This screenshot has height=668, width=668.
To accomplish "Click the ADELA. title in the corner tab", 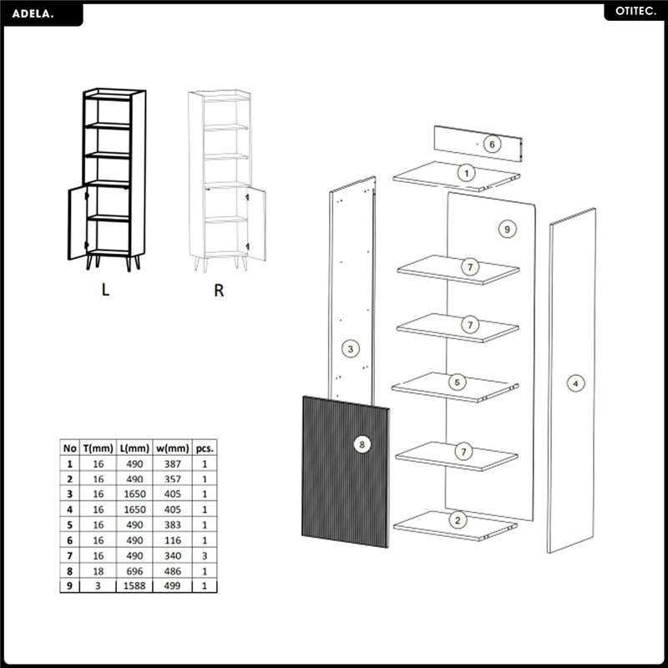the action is coord(33,13).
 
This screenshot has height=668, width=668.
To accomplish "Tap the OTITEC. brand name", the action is coord(635,12).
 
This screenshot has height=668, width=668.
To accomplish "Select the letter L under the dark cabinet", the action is coord(105,290).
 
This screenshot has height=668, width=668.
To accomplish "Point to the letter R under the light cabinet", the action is coord(219,290).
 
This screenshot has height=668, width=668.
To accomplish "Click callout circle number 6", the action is coord(492,144).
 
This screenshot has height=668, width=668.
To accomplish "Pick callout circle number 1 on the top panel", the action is coord(467,173).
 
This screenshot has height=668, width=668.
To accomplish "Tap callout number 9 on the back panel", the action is coord(507,229).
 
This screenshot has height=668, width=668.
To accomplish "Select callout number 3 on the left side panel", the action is coord(351,349).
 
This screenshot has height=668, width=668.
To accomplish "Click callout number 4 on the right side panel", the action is coord(575,383).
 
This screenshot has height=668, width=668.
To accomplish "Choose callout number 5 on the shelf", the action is coord(457,382).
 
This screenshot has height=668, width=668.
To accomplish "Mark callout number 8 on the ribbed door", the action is coord(362,445).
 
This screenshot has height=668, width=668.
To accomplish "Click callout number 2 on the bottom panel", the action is coord(458,519).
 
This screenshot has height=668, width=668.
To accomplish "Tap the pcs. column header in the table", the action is coord(205,448).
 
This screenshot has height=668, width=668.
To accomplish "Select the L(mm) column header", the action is coord(134,448).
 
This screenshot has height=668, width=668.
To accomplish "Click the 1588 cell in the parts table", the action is coord(134,586).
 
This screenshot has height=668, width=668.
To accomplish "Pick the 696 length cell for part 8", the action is coord(134,571).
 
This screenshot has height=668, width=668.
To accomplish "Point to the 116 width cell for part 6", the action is coord(173,540).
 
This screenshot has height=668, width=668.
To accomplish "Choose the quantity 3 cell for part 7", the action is coord(205,555).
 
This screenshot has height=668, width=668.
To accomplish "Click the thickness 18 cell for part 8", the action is coord(99,571).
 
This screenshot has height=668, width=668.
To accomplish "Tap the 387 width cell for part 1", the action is coord(173,463).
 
